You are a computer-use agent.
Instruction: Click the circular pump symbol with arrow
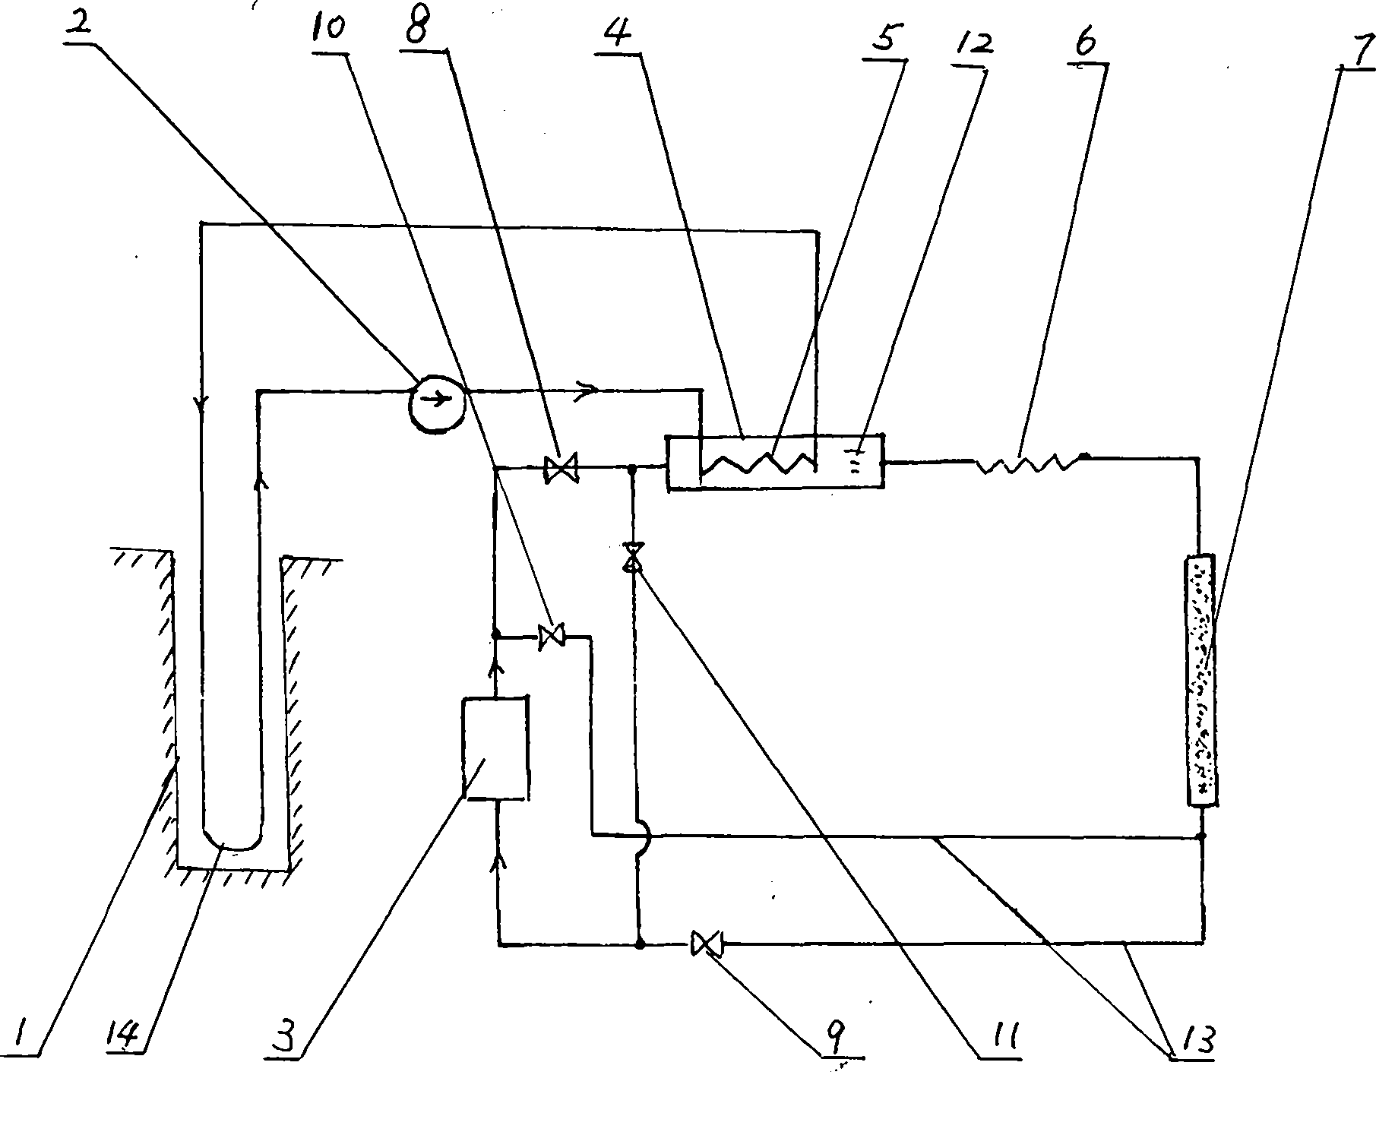pos(436,403)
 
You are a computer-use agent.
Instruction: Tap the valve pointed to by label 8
pos(561,467)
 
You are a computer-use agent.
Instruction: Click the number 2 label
pos(80,21)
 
